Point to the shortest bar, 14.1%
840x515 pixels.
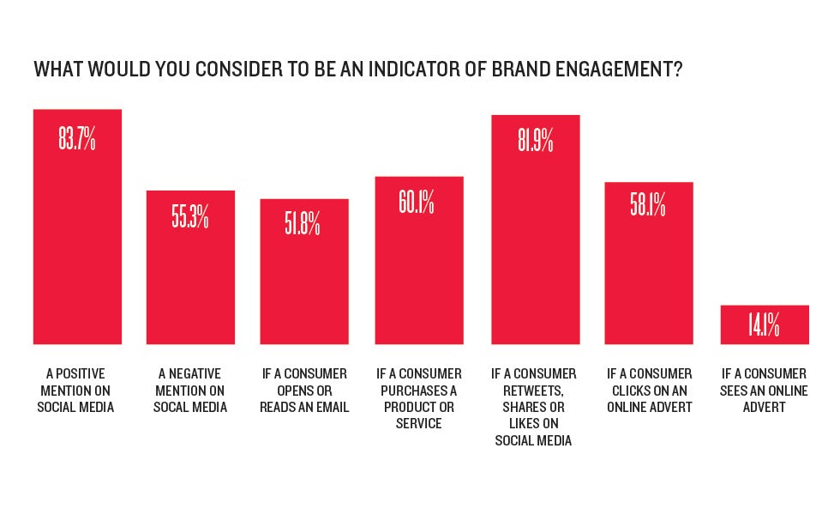(x=764, y=325)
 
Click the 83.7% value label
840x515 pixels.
(x=77, y=139)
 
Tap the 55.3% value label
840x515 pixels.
(x=190, y=216)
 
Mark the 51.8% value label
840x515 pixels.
(x=303, y=224)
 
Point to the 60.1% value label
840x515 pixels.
(x=417, y=203)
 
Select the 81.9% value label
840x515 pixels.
(x=536, y=141)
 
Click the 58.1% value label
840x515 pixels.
(x=648, y=207)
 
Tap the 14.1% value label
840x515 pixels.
(x=764, y=325)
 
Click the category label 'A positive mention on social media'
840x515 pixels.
(x=76, y=391)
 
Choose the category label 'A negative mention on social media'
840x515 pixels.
(x=190, y=391)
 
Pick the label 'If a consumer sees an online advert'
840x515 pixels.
(x=764, y=391)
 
